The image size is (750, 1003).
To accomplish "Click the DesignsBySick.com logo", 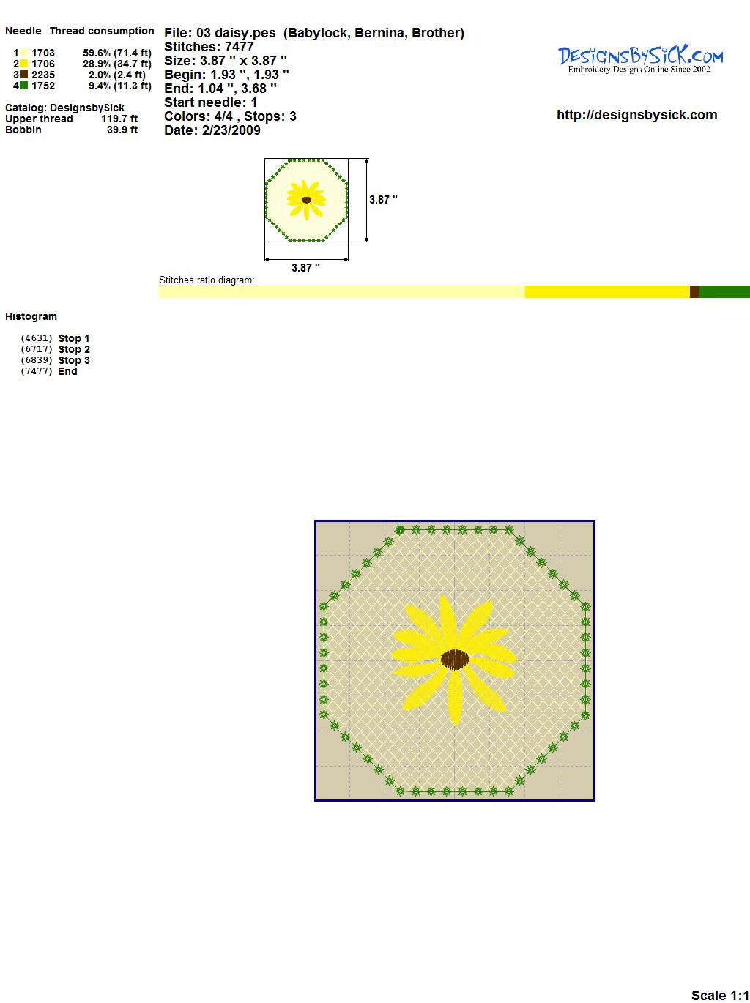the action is point(640,60).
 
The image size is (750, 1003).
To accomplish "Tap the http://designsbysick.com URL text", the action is point(636,115).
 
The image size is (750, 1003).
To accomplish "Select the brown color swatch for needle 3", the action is point(23,75).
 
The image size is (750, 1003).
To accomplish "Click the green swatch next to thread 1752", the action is point(23,86).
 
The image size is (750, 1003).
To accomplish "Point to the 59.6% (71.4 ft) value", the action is point(117,53).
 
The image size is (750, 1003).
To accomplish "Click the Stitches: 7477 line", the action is point(209,47).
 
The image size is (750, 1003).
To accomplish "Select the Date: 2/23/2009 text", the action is point(212,130).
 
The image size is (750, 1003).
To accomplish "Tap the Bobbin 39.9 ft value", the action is point(122,130).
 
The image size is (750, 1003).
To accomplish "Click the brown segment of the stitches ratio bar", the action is point(694,291).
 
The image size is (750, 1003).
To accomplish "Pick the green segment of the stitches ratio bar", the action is point(724,291).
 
